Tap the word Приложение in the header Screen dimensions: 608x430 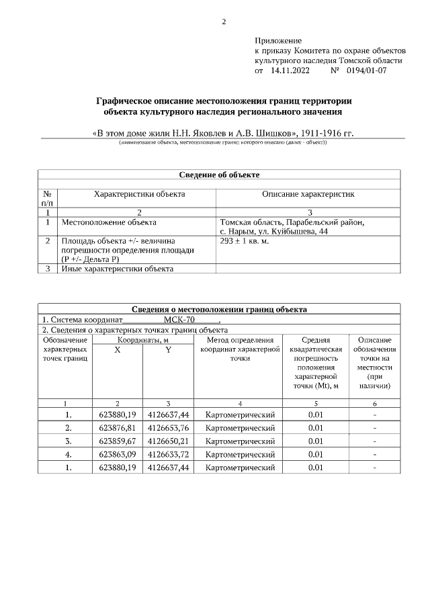(278, 42)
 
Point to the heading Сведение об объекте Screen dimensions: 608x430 (219, 175)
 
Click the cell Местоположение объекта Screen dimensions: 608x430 (109, 222)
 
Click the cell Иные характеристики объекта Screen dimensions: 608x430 (118, 269)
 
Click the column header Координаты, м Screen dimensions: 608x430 (142, 341)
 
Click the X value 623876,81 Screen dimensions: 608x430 (118, 428)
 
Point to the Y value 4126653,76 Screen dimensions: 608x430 (168, 428)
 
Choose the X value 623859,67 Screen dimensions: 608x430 (118, 441)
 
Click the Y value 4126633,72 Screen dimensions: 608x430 (168, 454)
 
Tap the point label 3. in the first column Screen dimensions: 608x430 (69, 441)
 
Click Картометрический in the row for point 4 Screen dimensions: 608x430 (240, 454)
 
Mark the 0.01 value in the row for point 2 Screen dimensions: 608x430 (316, 428)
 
